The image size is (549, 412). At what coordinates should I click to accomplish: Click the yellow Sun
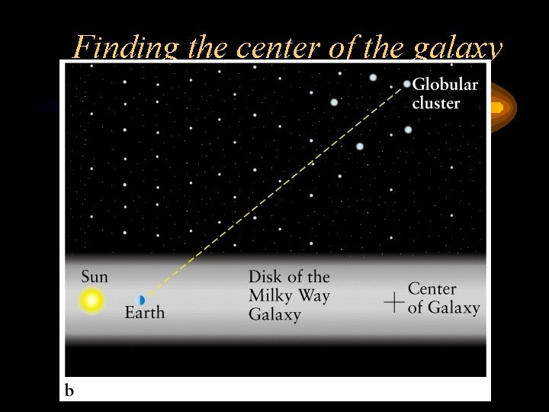(x=91, y=301)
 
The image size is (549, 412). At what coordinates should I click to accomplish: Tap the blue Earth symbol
(x=141, y=300)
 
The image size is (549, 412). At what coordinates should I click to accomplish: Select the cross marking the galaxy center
(x=393, y=302)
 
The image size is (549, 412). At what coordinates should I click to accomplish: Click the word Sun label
(x=95, y=276)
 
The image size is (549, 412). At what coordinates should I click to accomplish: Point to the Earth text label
(x=145, y=313)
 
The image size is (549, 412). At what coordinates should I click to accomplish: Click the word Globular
(x=445, y=85)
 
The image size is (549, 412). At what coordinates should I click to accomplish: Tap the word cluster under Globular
(x=436, y=103)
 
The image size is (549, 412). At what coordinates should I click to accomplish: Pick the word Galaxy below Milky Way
(x=274, y=314)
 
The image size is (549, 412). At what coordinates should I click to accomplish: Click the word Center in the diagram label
(x=432, y=289)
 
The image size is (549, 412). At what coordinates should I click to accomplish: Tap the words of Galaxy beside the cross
(x=444, y=307)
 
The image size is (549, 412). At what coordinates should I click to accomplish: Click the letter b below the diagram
(x=69, y=391)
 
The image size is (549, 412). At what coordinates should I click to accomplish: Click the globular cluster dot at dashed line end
(x=407, y=84)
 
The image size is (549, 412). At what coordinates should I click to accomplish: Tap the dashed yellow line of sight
(x=274, y=191)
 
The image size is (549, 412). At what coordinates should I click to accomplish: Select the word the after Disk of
(x=317, y=277)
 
